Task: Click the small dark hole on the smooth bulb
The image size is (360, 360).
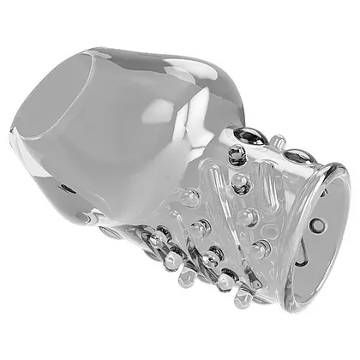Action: (66, 186)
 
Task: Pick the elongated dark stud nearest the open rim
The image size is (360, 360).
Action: (297, 155)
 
